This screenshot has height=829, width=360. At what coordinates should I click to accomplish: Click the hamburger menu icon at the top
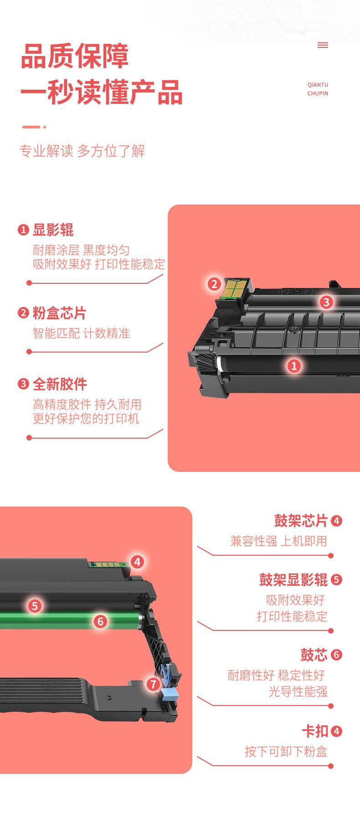point(323,45)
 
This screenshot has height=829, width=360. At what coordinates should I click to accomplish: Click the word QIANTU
point(318,85)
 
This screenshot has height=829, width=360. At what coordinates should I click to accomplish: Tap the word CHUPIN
point(318,93)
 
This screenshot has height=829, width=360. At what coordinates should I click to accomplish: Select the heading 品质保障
point(75,56)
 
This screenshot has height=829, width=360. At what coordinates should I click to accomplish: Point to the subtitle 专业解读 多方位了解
point(82,151)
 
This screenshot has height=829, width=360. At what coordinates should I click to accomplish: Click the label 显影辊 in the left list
point(53,230)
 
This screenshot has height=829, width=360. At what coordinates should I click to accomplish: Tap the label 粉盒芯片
point(59,313)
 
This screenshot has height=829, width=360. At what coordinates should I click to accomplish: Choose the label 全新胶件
point(60,384)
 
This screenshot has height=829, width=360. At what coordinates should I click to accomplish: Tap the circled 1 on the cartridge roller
point(294,365)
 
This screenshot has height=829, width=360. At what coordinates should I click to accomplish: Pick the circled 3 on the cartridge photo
point(326,302)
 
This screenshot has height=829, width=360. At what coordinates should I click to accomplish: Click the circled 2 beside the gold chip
point(214,284)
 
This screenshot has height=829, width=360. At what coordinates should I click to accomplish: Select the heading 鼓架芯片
point(301,520)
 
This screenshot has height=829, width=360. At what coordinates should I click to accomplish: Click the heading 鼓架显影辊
point(293,579)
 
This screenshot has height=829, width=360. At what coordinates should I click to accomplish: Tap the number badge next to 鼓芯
point(336,655)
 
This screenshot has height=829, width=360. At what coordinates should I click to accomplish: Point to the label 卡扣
point(315,731)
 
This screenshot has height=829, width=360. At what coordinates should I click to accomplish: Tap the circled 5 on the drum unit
point(35,605)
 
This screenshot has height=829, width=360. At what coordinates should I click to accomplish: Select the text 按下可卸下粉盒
point(286,751)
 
